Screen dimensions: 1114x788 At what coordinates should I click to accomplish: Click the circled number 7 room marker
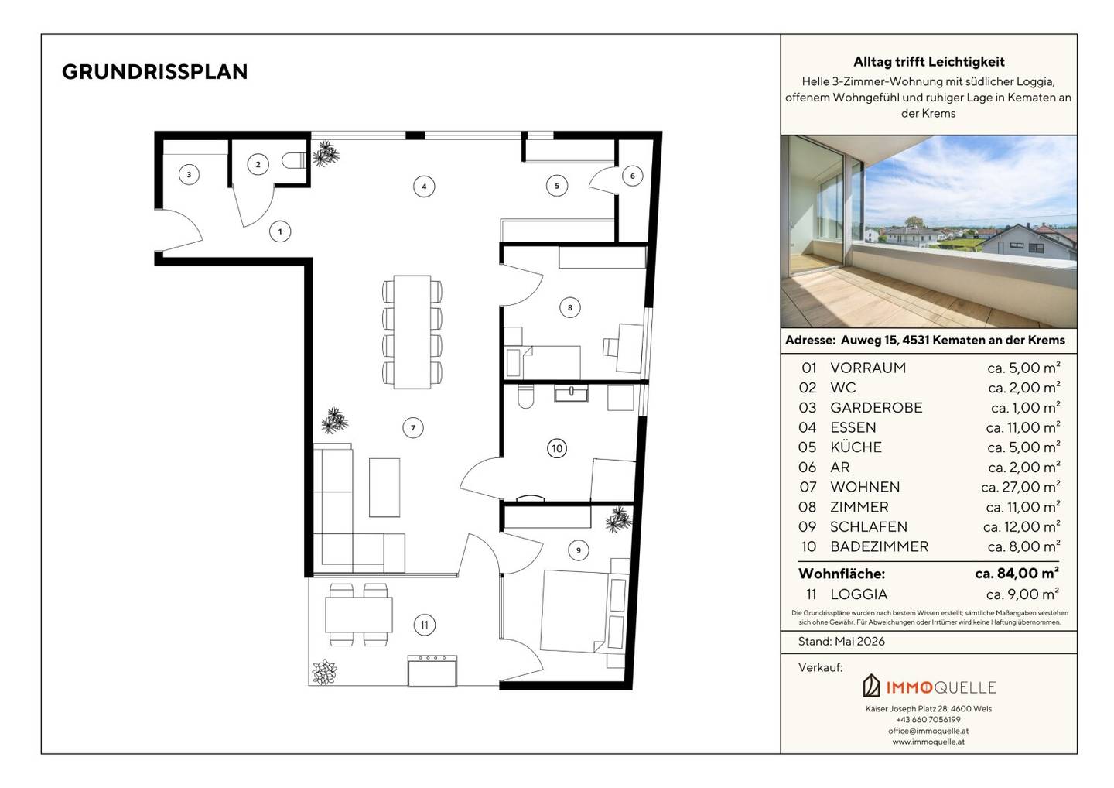[413, 428]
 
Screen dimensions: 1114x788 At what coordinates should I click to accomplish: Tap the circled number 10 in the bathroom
[556, 449]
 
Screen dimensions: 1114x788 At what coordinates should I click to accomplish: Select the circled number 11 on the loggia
[424, 625]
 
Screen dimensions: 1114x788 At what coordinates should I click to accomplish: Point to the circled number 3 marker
[189, 175]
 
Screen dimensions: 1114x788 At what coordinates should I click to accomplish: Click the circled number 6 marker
[633, 176]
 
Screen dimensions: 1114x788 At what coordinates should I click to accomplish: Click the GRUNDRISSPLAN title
[155, 72]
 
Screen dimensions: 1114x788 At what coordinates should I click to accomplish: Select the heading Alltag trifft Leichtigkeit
[928, 62]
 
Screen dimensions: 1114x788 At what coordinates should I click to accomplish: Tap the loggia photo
[928, 231]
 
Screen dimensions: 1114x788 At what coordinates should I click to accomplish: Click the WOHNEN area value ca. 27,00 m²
[1020, 487]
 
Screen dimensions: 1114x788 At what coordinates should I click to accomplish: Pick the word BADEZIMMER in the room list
[880, 546]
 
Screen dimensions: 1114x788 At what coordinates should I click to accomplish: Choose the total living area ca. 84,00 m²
[1017, 574]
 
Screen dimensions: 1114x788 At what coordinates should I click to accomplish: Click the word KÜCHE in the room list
[856, 447]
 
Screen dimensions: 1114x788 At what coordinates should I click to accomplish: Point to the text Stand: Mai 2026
[842, 642]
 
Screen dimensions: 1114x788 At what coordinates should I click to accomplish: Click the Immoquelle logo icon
[871, 686]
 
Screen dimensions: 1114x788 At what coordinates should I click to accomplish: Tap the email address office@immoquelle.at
[928, 731]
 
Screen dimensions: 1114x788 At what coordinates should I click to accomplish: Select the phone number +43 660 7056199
[928, 719]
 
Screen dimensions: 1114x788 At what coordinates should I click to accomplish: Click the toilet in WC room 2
[294, 160]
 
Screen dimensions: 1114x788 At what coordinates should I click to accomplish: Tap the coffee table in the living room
[384, 488]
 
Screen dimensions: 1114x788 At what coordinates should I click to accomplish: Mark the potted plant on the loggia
[324, 672]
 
